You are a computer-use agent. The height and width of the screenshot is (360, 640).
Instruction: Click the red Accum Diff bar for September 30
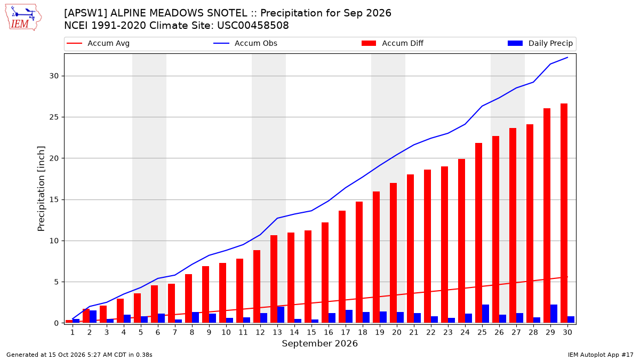(564, 213)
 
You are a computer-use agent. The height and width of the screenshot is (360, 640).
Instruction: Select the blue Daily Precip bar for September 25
(485, 314)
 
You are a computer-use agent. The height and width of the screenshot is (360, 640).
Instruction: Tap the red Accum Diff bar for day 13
(274, 279)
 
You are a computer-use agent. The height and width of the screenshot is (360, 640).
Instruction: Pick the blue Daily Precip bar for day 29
(554, 314)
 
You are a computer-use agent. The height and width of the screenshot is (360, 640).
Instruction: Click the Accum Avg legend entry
(98, 43)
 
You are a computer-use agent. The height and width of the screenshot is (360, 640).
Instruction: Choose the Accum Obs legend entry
(245, 43)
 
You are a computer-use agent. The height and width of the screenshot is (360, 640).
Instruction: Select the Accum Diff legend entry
(393, 43)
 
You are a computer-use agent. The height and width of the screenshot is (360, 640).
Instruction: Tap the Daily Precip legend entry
(540, 43)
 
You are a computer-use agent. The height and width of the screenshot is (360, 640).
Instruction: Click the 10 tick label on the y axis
(54, 241)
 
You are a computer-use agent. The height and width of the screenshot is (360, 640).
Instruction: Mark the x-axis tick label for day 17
(346, 332)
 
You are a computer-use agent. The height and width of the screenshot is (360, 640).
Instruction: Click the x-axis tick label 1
(73, 332)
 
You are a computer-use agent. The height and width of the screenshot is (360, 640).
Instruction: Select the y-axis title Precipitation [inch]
(41, 189)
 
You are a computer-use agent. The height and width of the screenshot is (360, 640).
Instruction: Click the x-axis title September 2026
(319, 343)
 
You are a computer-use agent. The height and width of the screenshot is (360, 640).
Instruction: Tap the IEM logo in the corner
(23, 18)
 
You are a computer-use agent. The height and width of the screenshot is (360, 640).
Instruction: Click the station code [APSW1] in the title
(86, 13)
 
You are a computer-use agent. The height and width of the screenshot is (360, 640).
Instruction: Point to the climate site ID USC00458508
(253, 26)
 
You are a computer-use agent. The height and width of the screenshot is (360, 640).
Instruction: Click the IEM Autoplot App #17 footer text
(601, 355)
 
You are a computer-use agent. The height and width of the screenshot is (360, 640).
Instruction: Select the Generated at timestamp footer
(79, 355)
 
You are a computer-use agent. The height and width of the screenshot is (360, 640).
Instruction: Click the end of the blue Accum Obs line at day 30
(567, 58)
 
